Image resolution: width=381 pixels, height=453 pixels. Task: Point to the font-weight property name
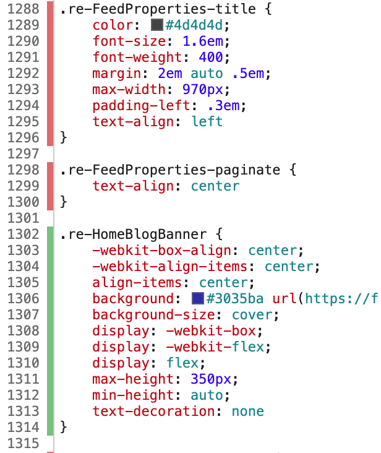tap(141, 58)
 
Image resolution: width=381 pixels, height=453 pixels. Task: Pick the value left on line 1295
tap(207, 122)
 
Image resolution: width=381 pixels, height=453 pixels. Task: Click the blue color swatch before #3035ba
tap(198, 299)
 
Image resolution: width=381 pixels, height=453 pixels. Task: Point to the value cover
tap(254, 315)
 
